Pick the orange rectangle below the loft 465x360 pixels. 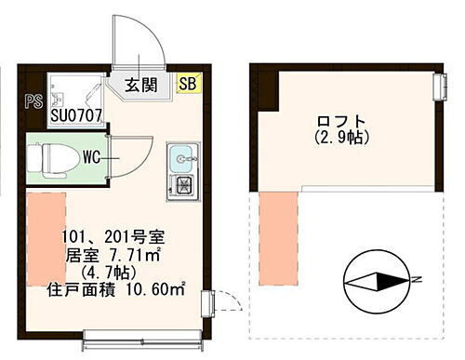pyautogui.click(x=276, y=235)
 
